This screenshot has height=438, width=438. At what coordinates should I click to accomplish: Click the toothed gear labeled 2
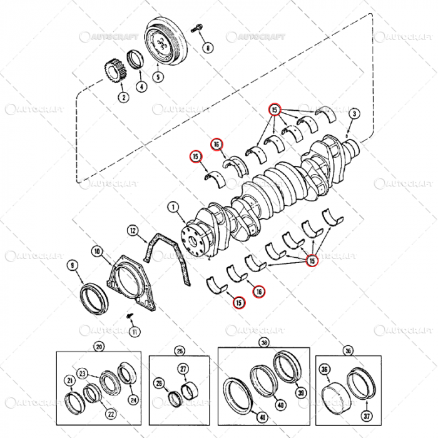[113, 68]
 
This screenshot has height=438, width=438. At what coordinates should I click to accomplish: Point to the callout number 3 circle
[355, 113]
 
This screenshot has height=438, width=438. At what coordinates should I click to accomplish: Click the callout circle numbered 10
[97, 252]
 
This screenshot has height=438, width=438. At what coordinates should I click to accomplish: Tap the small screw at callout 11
[132, 315]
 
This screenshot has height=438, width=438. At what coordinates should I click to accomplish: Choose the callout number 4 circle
[141, 87]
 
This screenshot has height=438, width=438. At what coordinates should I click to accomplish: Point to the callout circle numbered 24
[133, 399]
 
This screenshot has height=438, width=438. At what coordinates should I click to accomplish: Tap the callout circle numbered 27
[183, 369]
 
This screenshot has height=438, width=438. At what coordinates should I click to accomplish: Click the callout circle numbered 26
[159, 384]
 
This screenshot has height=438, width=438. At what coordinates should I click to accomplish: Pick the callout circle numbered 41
[263, 417]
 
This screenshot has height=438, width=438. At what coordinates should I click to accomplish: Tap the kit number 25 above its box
[180, 350]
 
